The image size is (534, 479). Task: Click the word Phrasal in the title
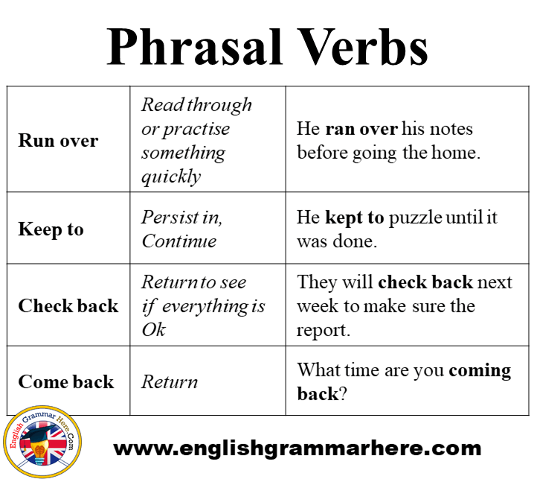(x=195, y=47)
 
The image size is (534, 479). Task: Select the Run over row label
(x=58, y=140)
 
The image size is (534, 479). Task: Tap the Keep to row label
(x=51, y=229)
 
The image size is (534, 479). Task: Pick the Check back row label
(x=68, y=305)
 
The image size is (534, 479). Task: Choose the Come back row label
(x=66, y=381)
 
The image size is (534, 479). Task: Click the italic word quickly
(x=171, y=177)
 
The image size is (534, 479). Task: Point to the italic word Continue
(x=179, y=241)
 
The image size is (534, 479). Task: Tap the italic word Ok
(x=154, y=329)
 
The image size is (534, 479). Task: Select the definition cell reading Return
(x=170, y=381)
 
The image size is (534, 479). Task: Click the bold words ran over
(x=361, y=129)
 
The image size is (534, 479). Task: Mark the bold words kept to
(x=355, y=218)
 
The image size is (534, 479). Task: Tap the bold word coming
(x=480, y=371)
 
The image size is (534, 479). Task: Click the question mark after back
(x=343, y=394)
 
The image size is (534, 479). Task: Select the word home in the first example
(x=453, y=153)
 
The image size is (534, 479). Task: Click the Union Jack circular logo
(x=42, y=442)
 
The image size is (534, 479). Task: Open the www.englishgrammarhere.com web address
(x=297, y=448)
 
